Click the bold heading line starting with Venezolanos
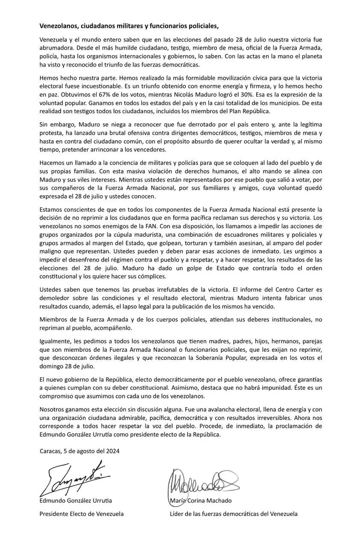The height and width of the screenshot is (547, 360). pos(129,26)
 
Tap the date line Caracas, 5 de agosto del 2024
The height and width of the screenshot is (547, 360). pos(79,451)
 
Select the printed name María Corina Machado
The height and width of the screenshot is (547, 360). pos(201,501)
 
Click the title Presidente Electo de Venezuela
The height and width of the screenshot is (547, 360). pos(82,514)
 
